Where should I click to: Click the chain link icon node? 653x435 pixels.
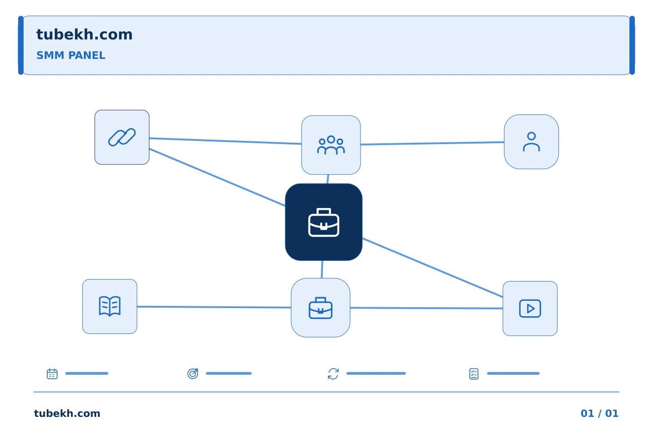click(122, 137)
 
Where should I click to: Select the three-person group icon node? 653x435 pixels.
click(331, 145)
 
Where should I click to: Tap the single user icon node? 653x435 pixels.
click(531, 142)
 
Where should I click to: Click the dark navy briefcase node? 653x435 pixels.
click(324, 222)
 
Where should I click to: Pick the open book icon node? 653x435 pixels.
click(110, 306)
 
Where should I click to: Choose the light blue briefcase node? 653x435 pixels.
click(320, 308)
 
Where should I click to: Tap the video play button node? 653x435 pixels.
click(530, 309)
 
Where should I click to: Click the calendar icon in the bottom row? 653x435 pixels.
click(52, 374)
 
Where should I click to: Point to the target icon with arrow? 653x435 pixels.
click(193, 374)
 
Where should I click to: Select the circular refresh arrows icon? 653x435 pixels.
click(333, 374)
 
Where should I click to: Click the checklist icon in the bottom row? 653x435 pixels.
click(474, 374)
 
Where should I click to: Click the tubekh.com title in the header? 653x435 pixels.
click(84, 34)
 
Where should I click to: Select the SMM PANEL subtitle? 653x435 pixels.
click(71, 55)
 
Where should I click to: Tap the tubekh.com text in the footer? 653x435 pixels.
click(67, 413)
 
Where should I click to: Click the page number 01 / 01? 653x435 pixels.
click(599, 413)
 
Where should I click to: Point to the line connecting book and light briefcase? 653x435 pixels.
click(214, 307)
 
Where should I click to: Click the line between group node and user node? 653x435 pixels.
click(432, 143)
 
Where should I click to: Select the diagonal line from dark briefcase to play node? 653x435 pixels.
click(433, 268)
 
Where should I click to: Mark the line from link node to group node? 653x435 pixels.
click(225, 141)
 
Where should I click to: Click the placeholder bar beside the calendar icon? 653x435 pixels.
click(87, 373)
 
